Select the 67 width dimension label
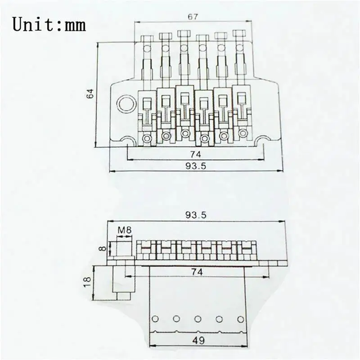(193, 17)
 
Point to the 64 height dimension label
(90, 94)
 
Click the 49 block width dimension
(198, 340)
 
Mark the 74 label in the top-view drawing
(195, 153)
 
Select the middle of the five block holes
(198, 319)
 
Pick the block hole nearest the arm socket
(155, 319)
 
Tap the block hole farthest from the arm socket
(240, 319)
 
